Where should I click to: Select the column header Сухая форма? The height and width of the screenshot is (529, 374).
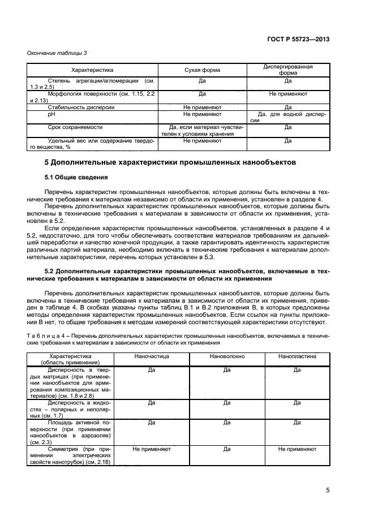(202, 70)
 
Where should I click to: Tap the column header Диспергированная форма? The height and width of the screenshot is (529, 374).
(288, 70)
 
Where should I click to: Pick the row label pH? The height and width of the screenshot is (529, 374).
(51, 114)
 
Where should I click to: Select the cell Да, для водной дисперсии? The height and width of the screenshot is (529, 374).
(288, 117)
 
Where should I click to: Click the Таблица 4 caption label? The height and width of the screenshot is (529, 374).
(50, 337)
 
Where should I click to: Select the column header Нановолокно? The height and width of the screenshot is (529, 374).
(226, 358)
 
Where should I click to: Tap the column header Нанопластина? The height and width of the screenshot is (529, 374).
(297, 358)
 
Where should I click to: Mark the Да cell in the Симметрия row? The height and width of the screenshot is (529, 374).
(226, 449)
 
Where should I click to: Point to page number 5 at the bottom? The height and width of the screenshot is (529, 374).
(328, 491)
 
